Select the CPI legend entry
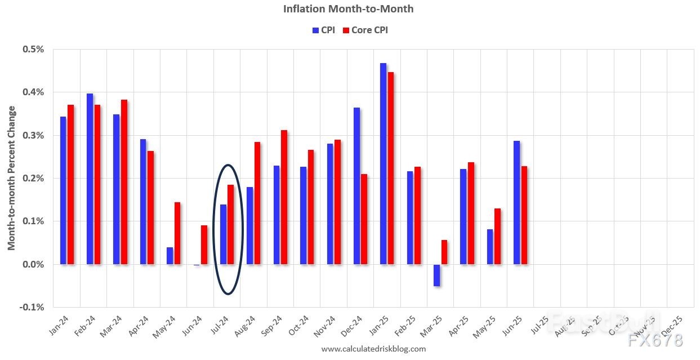click(324, 30)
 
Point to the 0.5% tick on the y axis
click(33, 50)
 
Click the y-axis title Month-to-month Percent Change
click(12, 178)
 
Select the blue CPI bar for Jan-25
click(383, 163)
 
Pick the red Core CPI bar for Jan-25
click(391, 168)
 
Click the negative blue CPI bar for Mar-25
click(436, 275)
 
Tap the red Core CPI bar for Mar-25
click(444, 252)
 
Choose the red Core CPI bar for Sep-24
click(284, 197)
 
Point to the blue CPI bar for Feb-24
click(90, 179)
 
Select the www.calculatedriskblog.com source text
click(373, 349)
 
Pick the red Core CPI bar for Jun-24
click(204, 245)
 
